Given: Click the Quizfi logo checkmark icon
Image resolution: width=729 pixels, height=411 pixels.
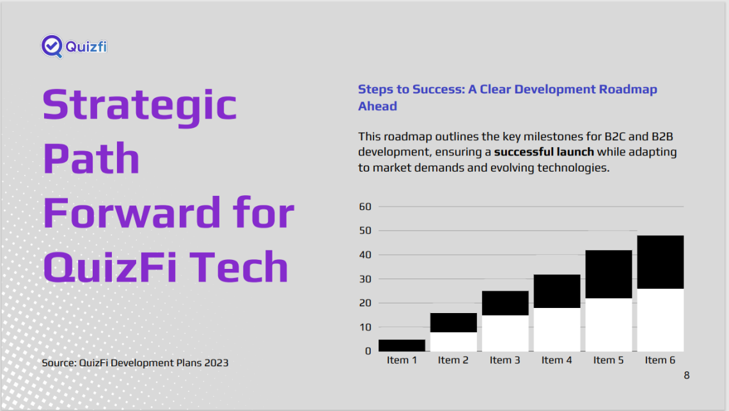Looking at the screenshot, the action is tap(52, 46).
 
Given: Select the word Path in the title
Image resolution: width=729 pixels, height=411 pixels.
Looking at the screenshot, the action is tap(91, 158).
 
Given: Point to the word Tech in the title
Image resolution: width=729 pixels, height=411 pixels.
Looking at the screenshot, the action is tap(239, 266).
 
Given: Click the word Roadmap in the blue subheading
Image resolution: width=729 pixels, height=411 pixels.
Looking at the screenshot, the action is tap(628, 89).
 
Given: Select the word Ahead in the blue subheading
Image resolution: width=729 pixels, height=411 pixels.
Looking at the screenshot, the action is tap(377, 106).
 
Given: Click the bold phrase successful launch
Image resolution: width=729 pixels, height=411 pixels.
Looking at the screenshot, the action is tap(544, 152).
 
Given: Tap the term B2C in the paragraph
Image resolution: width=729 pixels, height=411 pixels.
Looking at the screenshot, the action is tap(615, 136).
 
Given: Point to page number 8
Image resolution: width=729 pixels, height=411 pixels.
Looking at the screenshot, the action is tap(687, 375).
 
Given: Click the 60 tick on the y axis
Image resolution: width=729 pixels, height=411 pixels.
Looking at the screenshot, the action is tap(365, 206).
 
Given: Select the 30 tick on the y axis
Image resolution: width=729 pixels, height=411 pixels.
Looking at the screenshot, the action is tap(365, 279).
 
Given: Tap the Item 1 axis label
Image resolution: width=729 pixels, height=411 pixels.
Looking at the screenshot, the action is tap(402, 360).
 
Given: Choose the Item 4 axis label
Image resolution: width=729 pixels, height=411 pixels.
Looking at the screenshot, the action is tap(556, 360).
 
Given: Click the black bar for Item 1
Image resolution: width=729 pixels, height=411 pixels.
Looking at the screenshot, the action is tap(402, 345).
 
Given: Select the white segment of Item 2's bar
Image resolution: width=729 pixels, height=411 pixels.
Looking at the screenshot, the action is tap(453, 342).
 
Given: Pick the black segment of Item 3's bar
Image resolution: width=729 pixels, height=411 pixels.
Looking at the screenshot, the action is tap(505, 303).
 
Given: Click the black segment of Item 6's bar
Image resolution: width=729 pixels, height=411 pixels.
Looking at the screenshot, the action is tap(660, 262).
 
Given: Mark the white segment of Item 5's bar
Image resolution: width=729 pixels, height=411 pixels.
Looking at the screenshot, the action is tap(609, 325).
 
